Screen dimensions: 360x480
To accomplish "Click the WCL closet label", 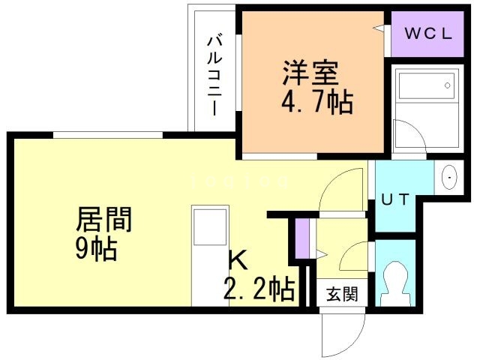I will coord(430,34).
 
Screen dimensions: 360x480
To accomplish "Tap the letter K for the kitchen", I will coord(237,259).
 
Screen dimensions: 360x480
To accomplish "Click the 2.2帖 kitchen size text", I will coord(257,288).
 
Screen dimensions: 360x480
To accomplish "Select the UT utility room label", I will coord(394,199).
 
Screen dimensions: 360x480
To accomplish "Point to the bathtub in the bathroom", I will coord(424,87).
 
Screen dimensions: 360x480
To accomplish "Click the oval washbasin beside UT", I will coord(448,178).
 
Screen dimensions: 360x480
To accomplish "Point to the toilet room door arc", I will coord(352,259).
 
